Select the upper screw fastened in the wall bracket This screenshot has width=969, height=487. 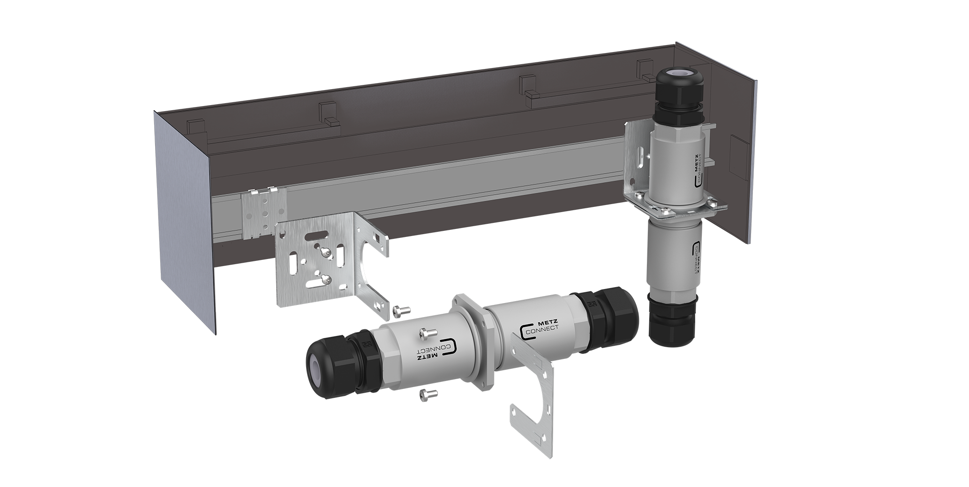326,253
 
